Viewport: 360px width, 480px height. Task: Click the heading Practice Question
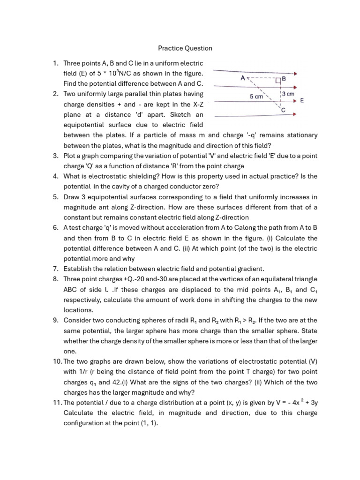185,48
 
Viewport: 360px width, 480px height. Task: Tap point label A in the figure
243,79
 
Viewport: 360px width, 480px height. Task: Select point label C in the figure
283,110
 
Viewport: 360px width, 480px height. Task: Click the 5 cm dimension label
257,96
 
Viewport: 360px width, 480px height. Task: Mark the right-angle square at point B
278,80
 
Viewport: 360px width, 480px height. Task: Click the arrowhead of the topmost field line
293,73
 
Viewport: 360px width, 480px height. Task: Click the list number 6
56,227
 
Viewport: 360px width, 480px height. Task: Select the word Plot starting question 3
70,156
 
